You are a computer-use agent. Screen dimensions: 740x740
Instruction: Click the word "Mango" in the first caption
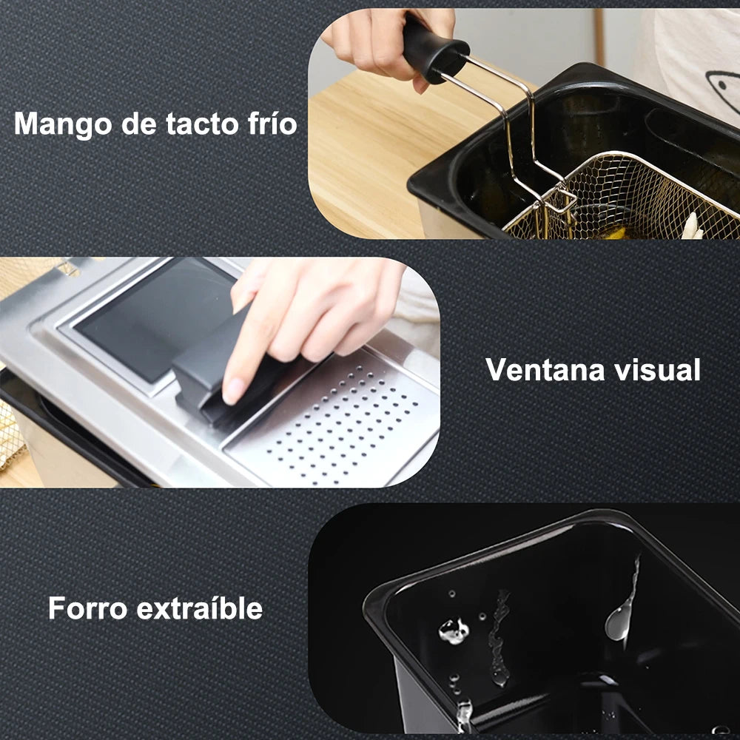click(63, 124)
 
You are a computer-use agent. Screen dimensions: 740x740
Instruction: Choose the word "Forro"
click(88, 608)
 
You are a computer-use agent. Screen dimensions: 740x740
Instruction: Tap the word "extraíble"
click(200, 608)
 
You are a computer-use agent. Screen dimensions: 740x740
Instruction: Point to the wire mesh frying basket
click(623, 198)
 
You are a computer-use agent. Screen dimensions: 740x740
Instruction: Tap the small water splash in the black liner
click(454, 630)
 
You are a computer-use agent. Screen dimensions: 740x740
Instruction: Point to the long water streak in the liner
click(499, 637)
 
